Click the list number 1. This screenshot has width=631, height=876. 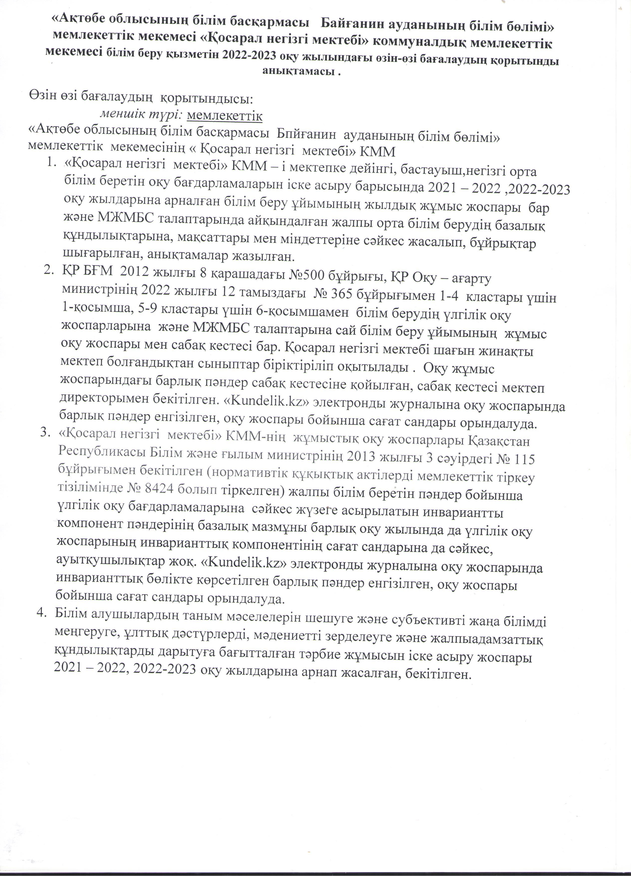click(51, 164)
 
